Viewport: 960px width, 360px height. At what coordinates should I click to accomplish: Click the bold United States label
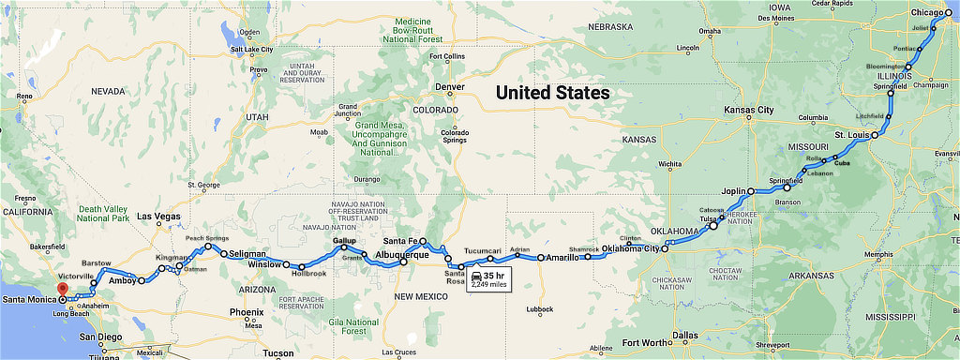click(552, 93)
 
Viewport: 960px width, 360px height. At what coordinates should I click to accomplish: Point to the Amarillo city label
click(563, 257)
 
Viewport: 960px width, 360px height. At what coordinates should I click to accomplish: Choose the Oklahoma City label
click(631, 248)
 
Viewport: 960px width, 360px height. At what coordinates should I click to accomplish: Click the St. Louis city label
click(850, 136)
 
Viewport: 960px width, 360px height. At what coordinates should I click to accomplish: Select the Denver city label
click(449, 86)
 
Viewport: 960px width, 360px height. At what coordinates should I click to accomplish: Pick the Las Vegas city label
click(157, 217)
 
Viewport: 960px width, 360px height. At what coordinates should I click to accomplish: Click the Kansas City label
click(749, 110)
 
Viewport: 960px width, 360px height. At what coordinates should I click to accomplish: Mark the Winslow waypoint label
click(264, 264)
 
